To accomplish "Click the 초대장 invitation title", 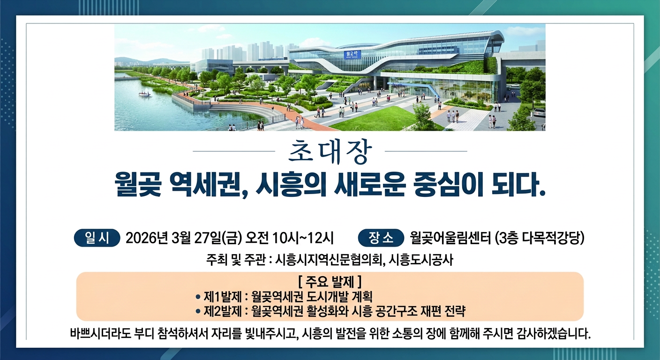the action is [x=330, y=151].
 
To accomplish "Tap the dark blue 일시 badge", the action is [x=97, y=238].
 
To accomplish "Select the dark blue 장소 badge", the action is [x=381, y=238].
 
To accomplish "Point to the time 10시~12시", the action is [x=303, y=238].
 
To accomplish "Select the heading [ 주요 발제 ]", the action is [x=330, y=282].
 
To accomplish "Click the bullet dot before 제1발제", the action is [x=198, y=297].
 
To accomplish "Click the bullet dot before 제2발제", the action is [x=198, y=312].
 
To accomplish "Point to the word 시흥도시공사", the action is [x=421, y=260].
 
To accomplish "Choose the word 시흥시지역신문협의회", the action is [x=330, y=260].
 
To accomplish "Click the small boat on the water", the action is [x=145, y=94].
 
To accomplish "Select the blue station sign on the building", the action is [x=352, y=54].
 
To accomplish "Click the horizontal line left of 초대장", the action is [x=234, y=151].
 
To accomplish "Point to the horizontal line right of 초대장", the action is [x=426, y=151].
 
